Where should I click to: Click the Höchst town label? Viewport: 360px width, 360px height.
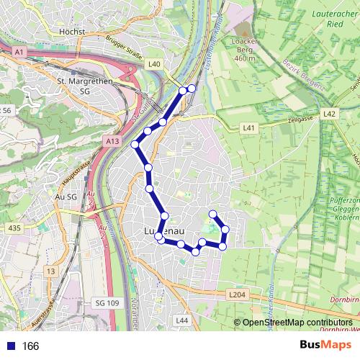coord(73,32)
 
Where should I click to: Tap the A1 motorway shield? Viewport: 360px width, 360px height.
coord(19,53)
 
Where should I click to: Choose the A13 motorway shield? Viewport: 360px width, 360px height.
coord(112,143)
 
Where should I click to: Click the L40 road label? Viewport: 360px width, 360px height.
coord(154,64)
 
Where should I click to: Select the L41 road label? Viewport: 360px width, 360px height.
coord(249,127)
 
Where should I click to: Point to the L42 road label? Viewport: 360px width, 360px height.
coord(330,114)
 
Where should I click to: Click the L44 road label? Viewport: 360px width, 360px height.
coord(181,320)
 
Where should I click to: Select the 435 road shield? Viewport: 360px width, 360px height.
coord(13,228)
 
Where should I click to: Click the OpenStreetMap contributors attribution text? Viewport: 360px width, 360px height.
coord(297,323)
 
